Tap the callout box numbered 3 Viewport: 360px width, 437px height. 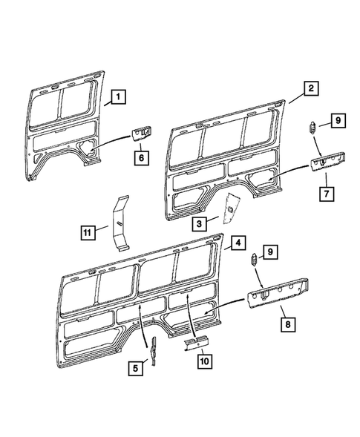200,222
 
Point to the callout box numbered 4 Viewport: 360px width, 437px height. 236,243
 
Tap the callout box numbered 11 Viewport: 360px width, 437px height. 88,232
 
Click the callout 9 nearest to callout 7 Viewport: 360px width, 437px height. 337,119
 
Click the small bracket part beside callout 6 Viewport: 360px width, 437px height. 139,134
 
